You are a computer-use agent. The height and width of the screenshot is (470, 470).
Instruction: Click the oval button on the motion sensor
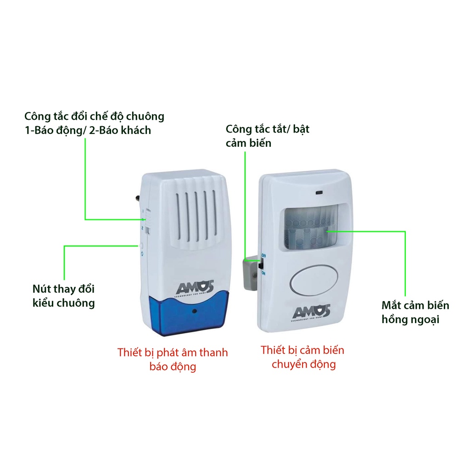click(x=314, y=281)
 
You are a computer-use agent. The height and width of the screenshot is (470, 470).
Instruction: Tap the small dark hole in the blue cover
click(x=195, y=311)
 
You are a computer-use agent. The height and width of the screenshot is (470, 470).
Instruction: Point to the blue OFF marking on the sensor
click(x=263, y=255)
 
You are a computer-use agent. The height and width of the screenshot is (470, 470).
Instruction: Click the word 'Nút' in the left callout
click(x=41, y=289)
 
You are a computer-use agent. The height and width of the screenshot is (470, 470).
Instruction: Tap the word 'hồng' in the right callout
click(x=394, y=319)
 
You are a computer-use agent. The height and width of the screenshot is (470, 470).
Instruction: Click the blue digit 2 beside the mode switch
click(x=143, y=228)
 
